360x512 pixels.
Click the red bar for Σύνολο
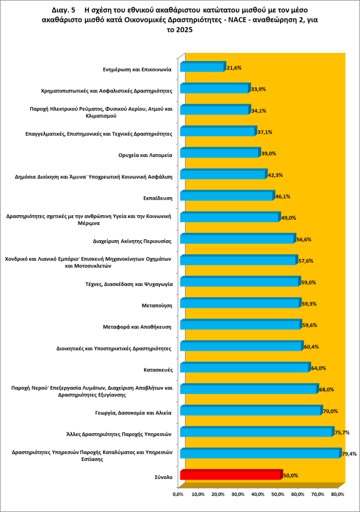230,475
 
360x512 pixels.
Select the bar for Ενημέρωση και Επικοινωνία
202,67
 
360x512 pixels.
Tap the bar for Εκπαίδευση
226,196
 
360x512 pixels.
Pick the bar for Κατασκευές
244,368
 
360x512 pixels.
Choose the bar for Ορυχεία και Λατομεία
219,153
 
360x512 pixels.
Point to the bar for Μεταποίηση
239,304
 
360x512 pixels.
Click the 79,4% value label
348,454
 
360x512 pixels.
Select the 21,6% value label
234,67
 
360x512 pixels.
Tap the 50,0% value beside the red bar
291,475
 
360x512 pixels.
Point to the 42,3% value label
276,175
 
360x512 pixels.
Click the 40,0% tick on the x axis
258,494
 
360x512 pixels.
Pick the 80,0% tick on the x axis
338,494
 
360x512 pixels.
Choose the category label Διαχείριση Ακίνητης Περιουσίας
132,241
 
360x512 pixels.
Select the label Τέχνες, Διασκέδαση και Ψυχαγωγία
129,284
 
